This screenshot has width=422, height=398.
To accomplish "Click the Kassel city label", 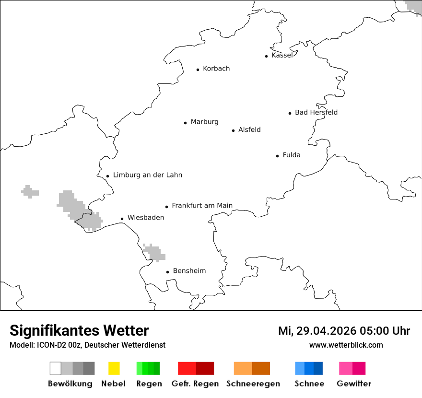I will click(x=282, y=55).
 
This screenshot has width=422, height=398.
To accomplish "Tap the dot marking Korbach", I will click(x=198, y=70).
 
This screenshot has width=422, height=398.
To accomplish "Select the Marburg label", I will click(x=204, y=122).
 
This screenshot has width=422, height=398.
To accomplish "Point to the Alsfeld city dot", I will click(x=234, y=130).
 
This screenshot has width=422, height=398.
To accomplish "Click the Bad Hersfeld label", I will click(x=316, y=112).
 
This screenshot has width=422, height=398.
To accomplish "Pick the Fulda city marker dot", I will click(x=278, y=156).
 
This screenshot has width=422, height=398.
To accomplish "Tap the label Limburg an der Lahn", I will click(x=147, y=175).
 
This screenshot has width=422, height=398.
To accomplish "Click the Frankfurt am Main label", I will click(x=202, y=206).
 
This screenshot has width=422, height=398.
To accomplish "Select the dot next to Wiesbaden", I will click(x=122, y=219).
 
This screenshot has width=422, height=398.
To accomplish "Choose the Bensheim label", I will click(x=189, y=271).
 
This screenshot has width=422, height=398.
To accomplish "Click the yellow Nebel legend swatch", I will click(x=114, y=368).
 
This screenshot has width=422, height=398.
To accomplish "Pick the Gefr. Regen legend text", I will click(x=195, y=384).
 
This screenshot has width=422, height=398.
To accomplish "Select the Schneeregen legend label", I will click(x=253, y=384).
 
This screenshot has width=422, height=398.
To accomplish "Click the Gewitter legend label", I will click(x=354, y=384).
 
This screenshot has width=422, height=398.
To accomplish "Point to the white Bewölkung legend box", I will click(x=56, y=368).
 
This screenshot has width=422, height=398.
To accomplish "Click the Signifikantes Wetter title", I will click(x=79, y=331).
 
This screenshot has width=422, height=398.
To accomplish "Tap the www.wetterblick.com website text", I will click(x=346, y=345).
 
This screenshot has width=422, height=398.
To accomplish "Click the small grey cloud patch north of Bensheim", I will click(x=154, y=253).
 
